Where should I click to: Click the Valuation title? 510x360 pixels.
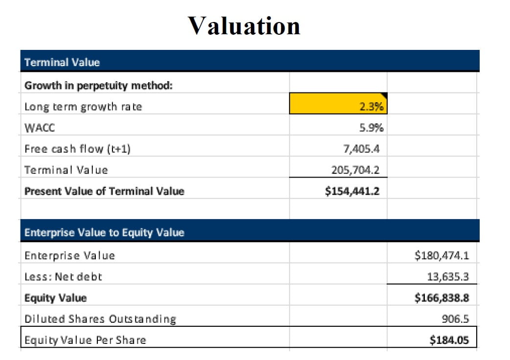244,25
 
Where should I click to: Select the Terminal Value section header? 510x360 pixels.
62,63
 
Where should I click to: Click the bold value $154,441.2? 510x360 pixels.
352,191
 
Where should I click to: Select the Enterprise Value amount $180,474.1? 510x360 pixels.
442,255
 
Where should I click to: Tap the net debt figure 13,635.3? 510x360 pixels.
448,276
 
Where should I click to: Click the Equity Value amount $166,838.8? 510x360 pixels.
442,297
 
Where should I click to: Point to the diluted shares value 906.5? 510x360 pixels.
455,319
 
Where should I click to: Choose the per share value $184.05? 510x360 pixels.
449,340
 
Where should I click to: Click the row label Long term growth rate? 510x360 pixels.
83,107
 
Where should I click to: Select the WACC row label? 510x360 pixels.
40,128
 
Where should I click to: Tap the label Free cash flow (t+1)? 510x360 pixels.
78,149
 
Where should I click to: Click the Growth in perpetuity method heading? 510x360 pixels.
98,86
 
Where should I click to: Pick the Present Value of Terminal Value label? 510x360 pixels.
104,191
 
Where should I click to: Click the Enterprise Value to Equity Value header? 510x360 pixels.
104,233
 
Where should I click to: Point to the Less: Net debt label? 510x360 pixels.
63,276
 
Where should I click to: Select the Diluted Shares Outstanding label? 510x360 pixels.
100,319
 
